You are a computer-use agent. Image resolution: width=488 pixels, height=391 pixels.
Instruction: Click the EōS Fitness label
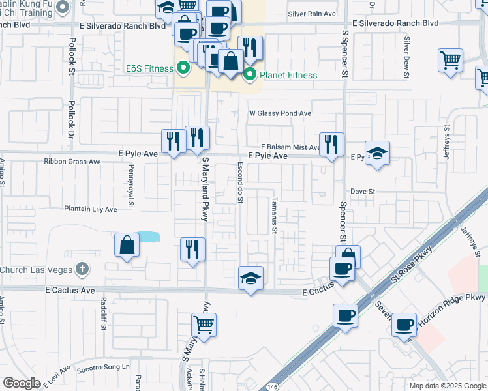(x=148, y=67)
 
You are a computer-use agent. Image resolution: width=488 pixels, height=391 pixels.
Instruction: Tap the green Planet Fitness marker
(x=249, y=76)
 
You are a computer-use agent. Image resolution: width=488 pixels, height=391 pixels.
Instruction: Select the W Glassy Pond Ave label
(x=281, y=113)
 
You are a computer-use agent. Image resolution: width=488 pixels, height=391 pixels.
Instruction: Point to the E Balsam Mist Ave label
(x=289, y=147)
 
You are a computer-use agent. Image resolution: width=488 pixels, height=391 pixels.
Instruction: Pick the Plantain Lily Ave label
(x=90, y=209)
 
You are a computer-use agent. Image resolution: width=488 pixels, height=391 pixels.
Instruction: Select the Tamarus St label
(x=275, y=216)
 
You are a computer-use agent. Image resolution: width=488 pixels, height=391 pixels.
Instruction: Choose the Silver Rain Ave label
(x=311, y=14)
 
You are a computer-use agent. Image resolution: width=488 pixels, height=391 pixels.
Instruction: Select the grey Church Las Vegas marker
(x=82, y=268)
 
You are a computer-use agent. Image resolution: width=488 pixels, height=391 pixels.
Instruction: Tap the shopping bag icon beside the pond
(x=127, y=246)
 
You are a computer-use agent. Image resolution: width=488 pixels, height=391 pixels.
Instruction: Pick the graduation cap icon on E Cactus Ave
(x=251, y=278)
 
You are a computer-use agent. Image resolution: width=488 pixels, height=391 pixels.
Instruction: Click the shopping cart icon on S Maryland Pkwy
(x=204, y=324)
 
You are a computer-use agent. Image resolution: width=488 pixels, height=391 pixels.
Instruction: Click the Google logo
(x=22, y=383)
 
